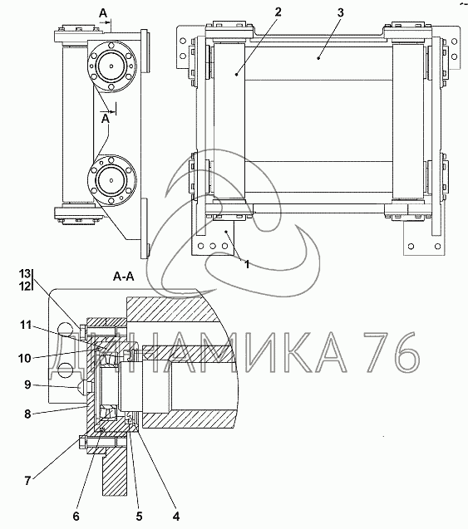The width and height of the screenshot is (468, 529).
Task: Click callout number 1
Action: pyautogui.click(x=247, y=264)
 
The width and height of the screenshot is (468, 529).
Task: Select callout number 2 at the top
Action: pyautogui.click(x=278, y=12)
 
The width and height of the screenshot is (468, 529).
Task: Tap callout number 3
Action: pyautogui.click(x=340, y=12)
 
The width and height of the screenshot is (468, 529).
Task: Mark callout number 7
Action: pyautogui.click(x=27, y=480)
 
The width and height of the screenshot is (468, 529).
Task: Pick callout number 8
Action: pyautogui.click(x=27, y=414)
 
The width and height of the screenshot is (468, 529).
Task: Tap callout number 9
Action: pyautogui.click(x=27, y=385)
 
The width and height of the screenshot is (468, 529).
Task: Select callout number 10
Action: pyautogui.click(x=25, y=358)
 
